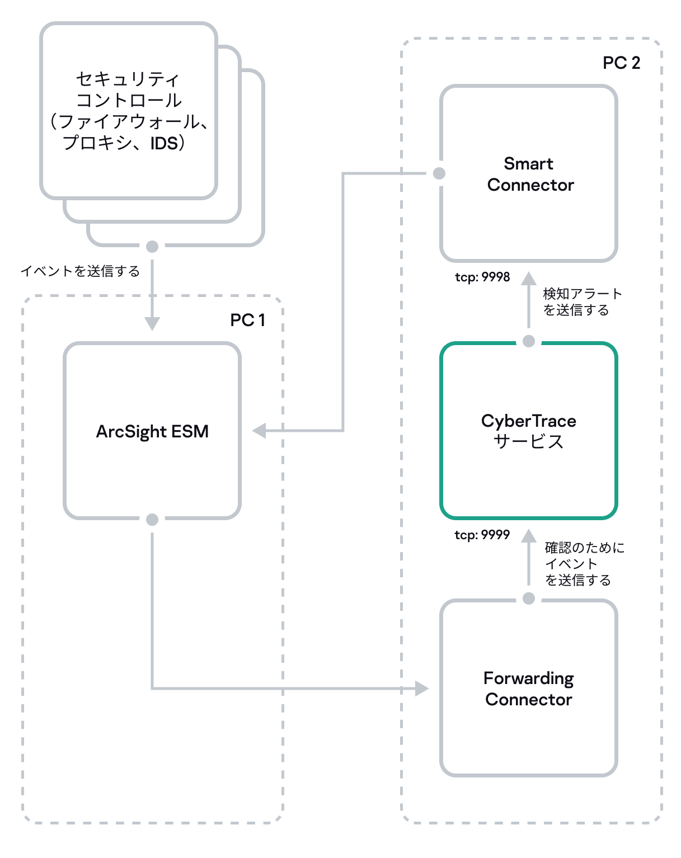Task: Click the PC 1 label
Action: tap(247, 320)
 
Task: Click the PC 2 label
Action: tap(621, 63)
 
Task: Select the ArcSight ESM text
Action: tap(152, 431)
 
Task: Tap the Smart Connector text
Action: tap(529, 174)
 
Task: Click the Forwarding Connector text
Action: tap(529, 689)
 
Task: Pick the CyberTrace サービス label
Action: tap(529, 431)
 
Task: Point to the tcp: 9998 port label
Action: tap(482, 277)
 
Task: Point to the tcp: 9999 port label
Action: tap(482, 535)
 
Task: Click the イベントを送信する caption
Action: tap(80, 271)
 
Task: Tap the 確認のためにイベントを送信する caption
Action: tap(584, 563)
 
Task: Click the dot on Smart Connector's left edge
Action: tap(439, 173)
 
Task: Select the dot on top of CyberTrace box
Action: tap(529, 341)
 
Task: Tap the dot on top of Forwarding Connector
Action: tap(529, 598)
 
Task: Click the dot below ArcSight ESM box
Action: tap(152, 520)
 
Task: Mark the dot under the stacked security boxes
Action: tap(152, 247)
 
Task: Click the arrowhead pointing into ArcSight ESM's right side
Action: tap(259, 431)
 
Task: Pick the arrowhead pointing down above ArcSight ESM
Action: tap(152, 323)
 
